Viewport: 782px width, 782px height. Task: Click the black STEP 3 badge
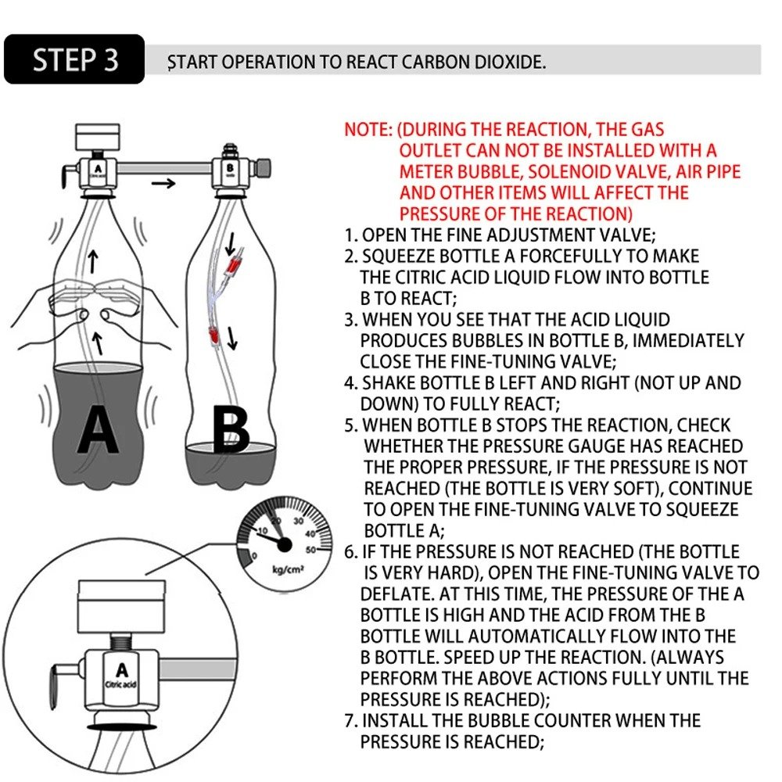pos(74,59)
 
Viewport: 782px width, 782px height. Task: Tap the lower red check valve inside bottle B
pos(212,335)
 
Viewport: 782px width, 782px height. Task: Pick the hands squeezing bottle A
pos(94,302)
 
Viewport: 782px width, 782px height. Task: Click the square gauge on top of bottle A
pos(95,138)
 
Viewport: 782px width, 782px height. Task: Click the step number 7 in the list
pos(350,720)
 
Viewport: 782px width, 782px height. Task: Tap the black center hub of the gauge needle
pos(283,543)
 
